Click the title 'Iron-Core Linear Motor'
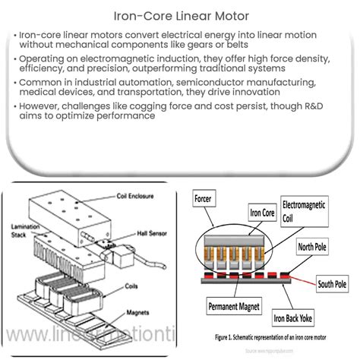coord(179,13)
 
